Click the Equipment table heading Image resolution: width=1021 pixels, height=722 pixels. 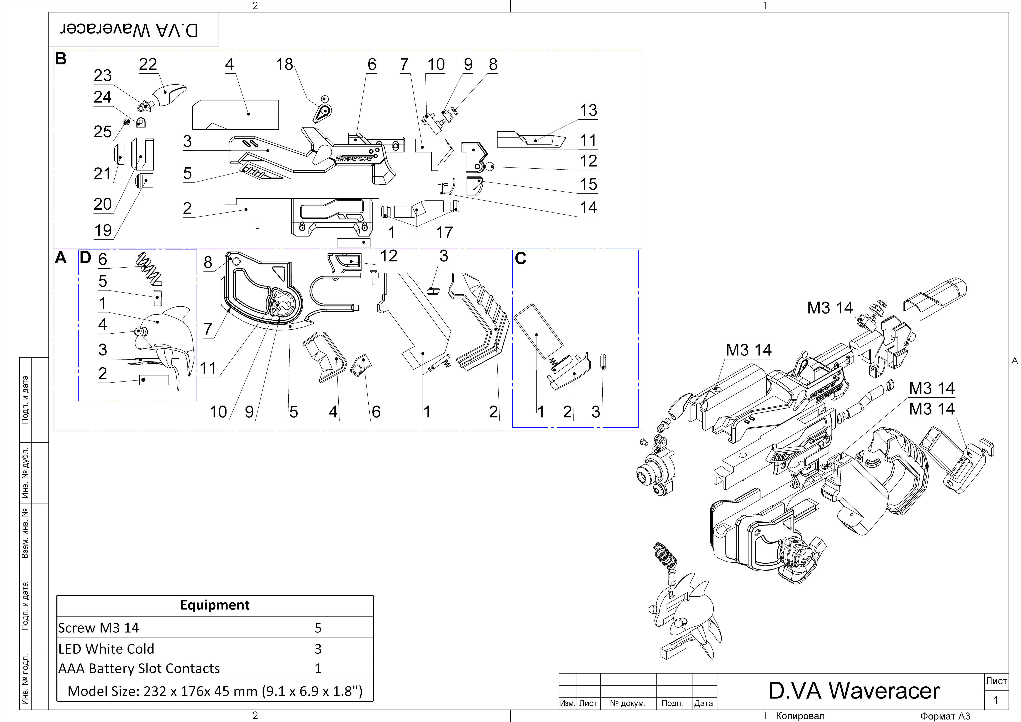tap(215, 605)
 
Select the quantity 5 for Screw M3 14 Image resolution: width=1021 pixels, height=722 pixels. tap(318, 628)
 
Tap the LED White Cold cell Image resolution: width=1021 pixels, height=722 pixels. tap(106, 649)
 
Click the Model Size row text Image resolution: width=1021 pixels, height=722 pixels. tap(215, 691)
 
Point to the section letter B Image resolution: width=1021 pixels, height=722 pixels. tap(61, 59)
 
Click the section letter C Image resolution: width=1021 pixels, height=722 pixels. tap(520, 258)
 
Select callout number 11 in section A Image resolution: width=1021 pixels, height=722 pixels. tap(208, 368)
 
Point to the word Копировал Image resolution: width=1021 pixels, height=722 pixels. tap(800, 716)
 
